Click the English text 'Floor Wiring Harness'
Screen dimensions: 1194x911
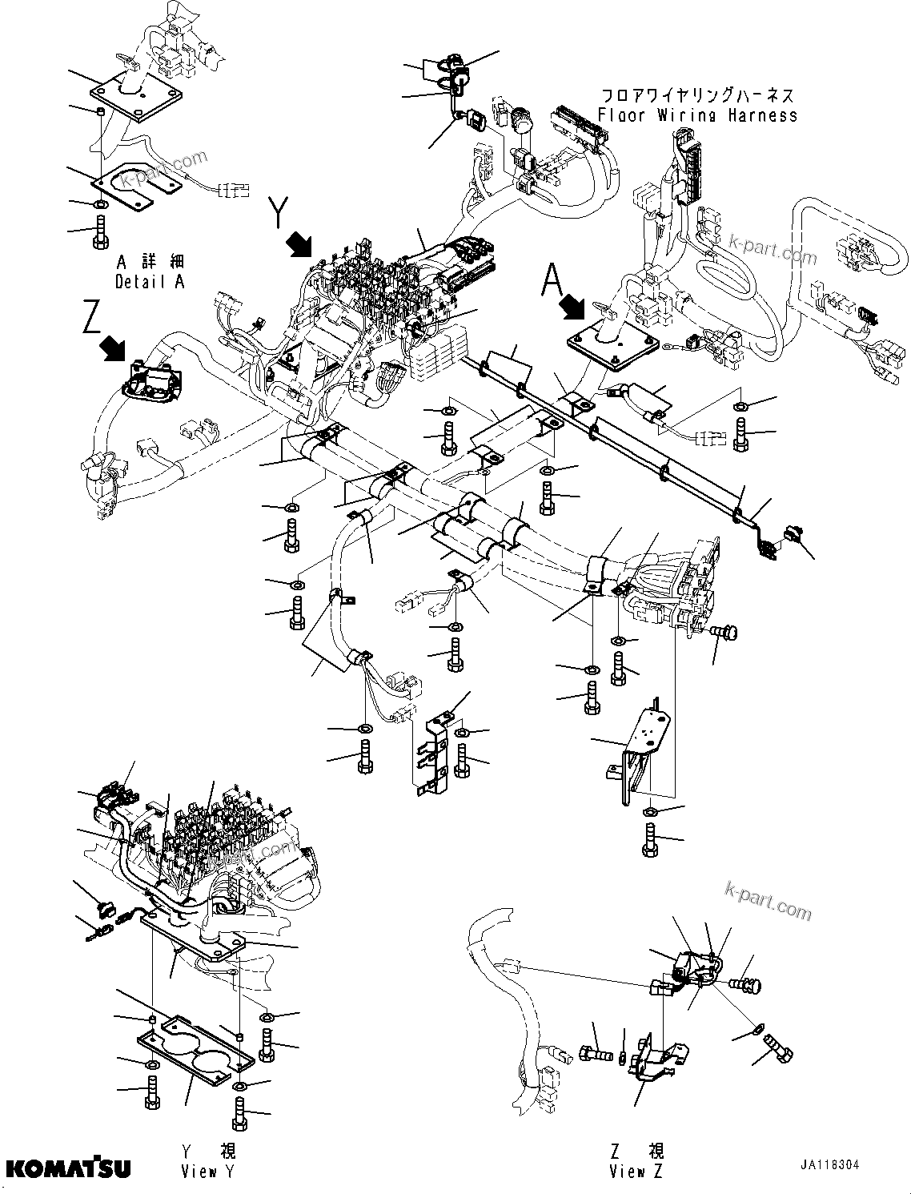(x=697, y=115)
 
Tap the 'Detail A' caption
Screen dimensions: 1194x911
(x=150, y=282)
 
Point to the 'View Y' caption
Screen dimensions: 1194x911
(x=208, y=1172)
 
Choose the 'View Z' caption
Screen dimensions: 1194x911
(x=636, y=1172)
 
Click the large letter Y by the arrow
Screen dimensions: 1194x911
(x=277, y=212)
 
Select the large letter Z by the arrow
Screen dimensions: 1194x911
(x=91, y=319)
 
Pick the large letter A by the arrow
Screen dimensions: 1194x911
(x=553, y=280)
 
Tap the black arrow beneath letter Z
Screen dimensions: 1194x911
(x=114, y=348)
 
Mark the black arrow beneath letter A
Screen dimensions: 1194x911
(x=572, y=307)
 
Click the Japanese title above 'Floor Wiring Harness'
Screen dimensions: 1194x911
(x=697, y=95)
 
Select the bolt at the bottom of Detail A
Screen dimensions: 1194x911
(x=101, y=231)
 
